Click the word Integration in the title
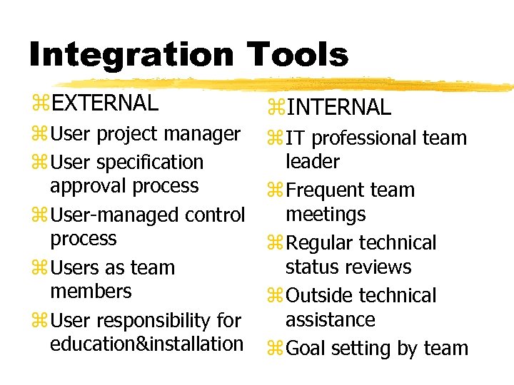[130, 55]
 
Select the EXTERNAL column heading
[105, 103]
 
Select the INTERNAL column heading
[339, 108]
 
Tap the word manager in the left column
[208, 134]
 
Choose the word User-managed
[121, 215]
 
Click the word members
[91, 291]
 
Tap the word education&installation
[147, 344]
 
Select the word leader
[313, 162]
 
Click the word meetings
[326, 214]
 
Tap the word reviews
[380, 267]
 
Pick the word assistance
[330, 319]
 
